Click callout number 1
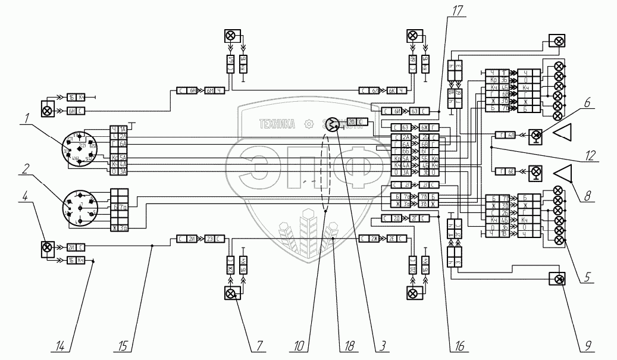coord(26,120)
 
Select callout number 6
coord(587,102)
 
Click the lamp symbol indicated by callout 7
coord(230,293)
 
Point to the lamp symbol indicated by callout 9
coord(558,279)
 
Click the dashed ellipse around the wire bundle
coord(325,172)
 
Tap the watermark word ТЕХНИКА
coord(278,124)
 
